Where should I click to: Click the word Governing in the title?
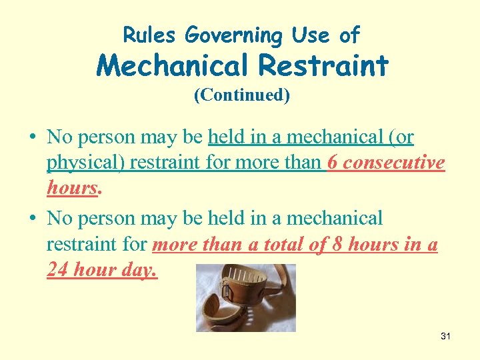click(224, 35)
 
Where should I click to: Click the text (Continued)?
click(241, 95)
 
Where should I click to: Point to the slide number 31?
click(445, 336)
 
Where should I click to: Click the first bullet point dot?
click(32, 138)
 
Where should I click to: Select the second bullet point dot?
click(32, 219)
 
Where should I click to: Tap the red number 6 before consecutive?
click(332, 163)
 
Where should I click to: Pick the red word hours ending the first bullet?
click(72, 189)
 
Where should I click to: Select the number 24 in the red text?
click(57, 270)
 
